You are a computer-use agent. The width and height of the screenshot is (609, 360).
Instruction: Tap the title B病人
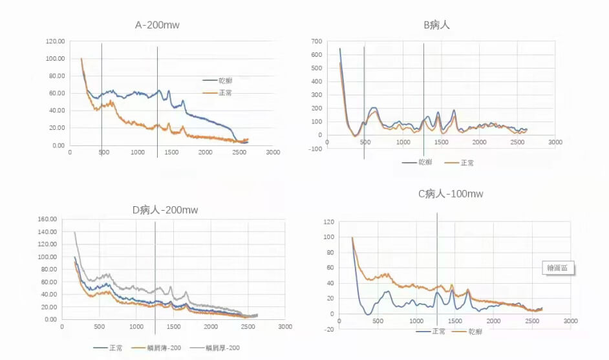click(x=436, y=25)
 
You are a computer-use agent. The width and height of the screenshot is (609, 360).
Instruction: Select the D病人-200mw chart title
click(x=165, y=210)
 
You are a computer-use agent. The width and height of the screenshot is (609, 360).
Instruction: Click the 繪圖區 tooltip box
click(x=558, y=268)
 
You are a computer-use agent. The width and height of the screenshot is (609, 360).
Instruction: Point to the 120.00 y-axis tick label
click(x=55, y=41)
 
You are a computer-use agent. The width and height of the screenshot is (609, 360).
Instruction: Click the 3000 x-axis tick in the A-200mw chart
click(x=273, y=153)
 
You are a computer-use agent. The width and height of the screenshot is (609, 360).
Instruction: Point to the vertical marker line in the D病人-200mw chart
click(x=155, y=271)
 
